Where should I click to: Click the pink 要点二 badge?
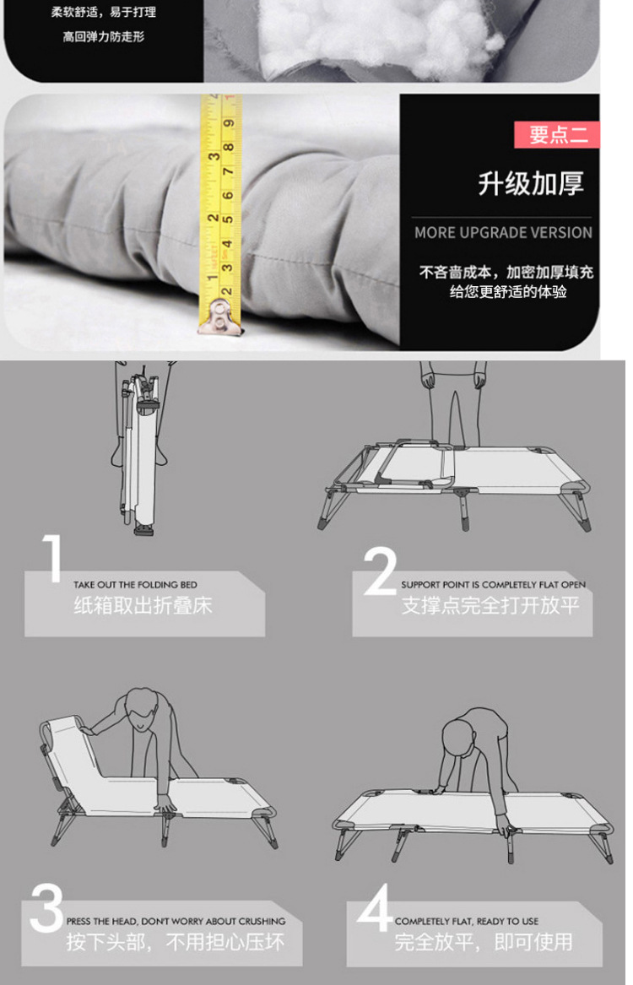(x=557, y=135)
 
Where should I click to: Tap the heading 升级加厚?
(x=530, y=183)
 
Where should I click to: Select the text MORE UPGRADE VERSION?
(x=503, y=232)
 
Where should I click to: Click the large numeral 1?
(x=52, y=559)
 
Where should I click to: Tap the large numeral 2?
(x=380, y=571)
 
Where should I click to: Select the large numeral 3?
(x=46, y=909)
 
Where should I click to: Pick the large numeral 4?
(x=375, y=909)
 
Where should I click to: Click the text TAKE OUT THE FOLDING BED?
(x=135, y=585)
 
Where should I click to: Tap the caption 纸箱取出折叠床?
(x=143, y=605)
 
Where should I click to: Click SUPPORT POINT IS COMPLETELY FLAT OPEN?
(x=493, y=585)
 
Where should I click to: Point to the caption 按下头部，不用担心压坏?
(x=176, y=942)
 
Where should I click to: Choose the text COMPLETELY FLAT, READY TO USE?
(x=466, y=922)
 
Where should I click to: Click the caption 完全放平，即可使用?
(x=483, y=942)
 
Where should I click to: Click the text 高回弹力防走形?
(x=104, y=36)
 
